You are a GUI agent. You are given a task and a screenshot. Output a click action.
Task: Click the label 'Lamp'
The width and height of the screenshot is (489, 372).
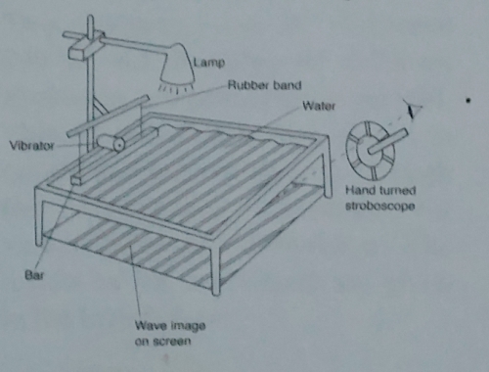[x=209, y=63]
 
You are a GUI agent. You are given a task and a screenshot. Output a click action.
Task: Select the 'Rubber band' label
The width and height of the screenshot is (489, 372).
[x=255, y=85]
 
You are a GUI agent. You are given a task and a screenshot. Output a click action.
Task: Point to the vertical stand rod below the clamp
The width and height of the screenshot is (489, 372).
[x=85, y=98]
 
